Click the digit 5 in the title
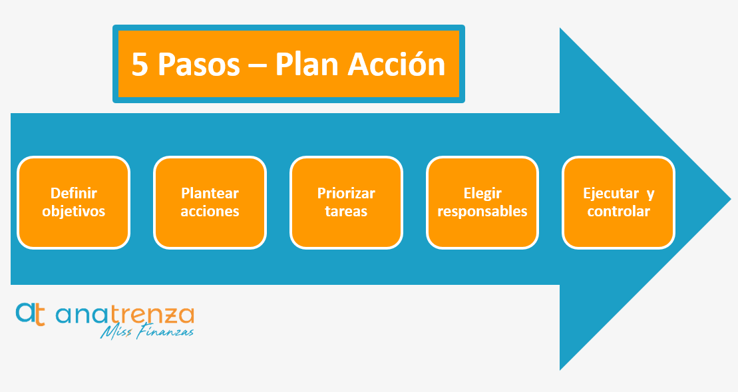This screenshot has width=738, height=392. click(140, 65)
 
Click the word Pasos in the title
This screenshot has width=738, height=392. click(198, 65)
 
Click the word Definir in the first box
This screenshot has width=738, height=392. click(74, 193)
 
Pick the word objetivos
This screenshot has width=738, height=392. click(74, 211)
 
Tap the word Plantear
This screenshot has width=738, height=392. click(210, 193)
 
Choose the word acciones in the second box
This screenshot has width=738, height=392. click(210, 211)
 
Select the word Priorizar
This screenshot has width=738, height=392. click(346, 193)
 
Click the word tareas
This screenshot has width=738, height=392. click(346, 211)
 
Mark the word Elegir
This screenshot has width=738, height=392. click(482, 193)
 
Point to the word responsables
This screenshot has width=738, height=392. click(482, 211)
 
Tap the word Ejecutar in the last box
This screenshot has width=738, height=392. click(611, 193)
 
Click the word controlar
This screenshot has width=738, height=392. click(618, 211)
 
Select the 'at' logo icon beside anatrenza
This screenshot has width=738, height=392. click(31, 314)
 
